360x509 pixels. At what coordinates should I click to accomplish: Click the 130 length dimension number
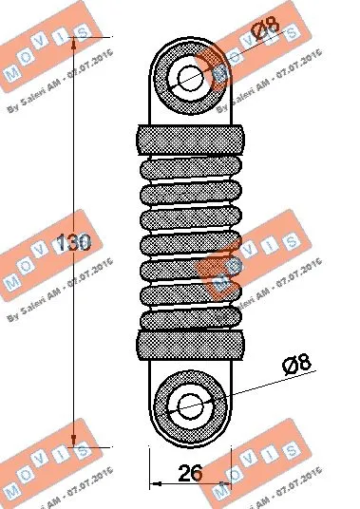(x=72, y=244)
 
